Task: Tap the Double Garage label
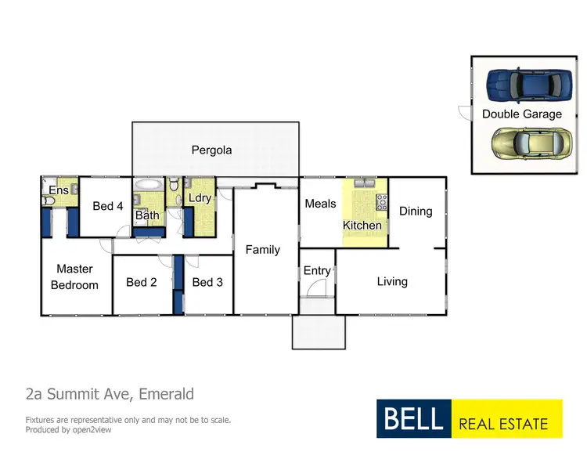521,114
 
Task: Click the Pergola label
211,150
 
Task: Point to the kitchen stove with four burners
382,201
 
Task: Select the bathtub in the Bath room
148,186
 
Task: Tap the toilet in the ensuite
48,201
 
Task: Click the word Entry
317,270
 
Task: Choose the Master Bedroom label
74,277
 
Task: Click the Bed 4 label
107,206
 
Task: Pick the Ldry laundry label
200,198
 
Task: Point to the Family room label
262,250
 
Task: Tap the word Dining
416,211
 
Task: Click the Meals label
320,204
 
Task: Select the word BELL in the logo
414,418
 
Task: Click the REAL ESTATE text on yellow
503,424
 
